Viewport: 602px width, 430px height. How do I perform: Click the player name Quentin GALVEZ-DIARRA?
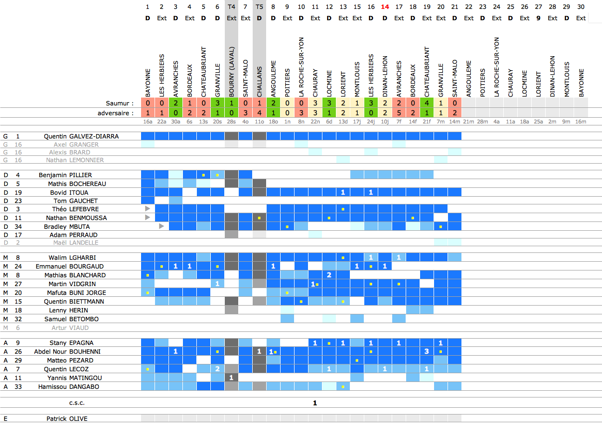[x=81, y=136]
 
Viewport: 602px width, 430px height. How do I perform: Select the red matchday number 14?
[x=385, y=7]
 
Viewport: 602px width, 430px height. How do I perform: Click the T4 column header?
[x=231, y=7]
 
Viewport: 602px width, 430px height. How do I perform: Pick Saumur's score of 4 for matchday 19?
[x=427, y=103]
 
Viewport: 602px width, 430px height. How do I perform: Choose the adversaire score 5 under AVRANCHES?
[x=399, y=113]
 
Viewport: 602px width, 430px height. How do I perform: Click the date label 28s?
[x=231, y=121]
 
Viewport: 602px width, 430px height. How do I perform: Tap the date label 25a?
[x=538, y=121]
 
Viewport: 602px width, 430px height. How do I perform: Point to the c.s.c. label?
[x=76, y=403]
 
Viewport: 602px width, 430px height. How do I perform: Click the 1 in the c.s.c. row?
[x=315, y=403]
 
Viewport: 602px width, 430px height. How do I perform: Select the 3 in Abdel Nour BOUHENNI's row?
[x=427, y=352]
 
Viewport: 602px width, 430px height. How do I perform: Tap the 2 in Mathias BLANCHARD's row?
[x=329, y=275]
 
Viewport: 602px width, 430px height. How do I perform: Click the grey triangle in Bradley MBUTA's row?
[x=162, y=226]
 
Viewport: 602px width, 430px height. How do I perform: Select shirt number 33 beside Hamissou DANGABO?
[x=18, y=387]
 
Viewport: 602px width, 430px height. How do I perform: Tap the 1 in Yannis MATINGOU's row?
[x=231, y=378]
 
